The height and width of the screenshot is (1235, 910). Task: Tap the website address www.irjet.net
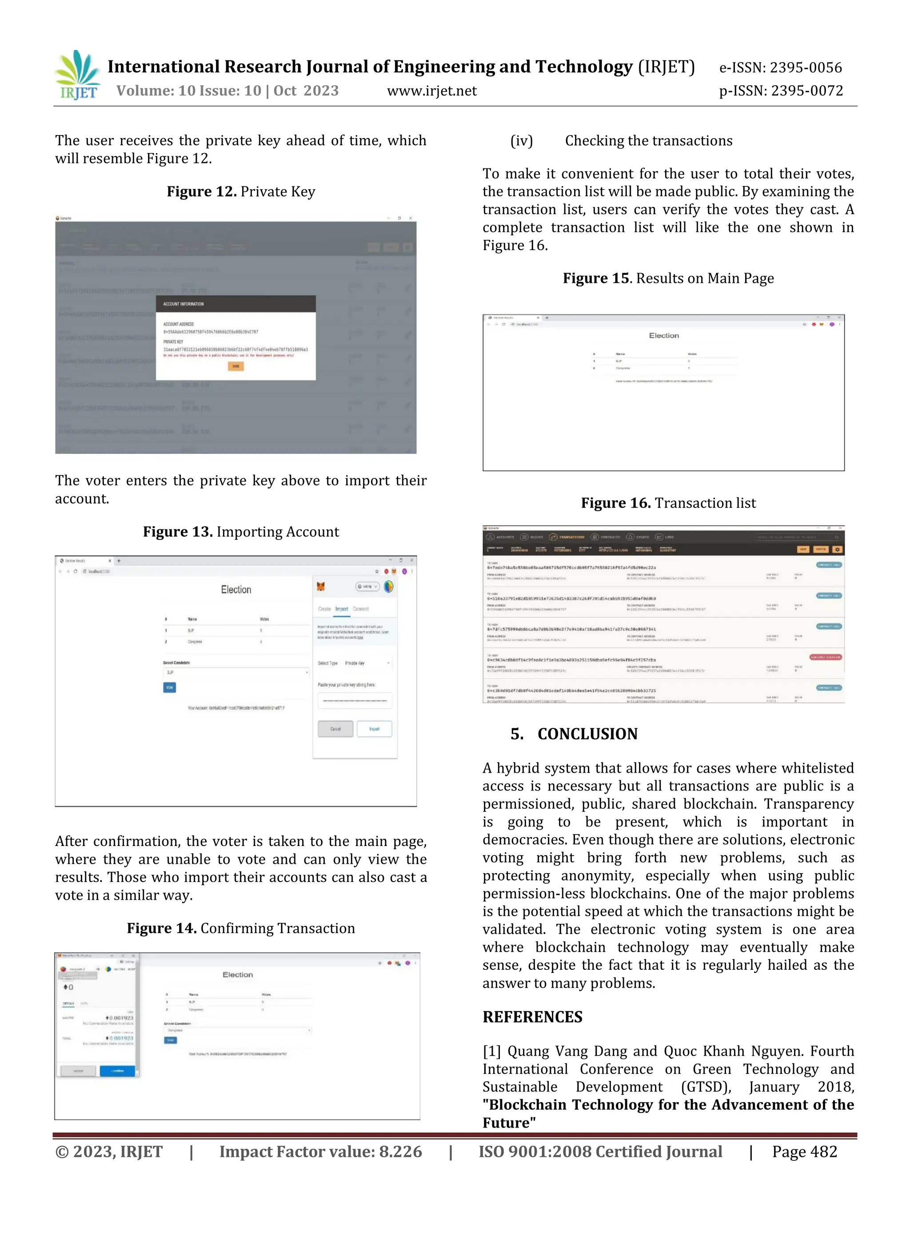click(x=432, y=91)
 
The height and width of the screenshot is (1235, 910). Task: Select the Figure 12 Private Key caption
click(x=241, y=191)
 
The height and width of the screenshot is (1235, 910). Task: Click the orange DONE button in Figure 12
click(x=236, y=366)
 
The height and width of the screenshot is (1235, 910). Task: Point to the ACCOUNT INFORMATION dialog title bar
click(x=236, y=303)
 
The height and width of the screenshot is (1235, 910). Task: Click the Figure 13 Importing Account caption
click(x=241, y=532)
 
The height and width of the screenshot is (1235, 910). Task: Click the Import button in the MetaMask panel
click(x=374, y=728)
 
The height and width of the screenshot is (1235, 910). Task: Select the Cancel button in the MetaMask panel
click(x=335, y=728)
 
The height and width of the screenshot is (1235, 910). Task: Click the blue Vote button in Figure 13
click(x=170, y=687)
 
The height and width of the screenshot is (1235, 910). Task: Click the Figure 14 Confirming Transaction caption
click(x=241, y=928)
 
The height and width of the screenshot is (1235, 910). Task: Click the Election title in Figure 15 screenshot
click(x=664, y=335)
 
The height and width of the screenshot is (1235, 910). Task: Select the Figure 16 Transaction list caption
click(x=668, y=503)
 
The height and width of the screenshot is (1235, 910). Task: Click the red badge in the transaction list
click(x=825, y=657)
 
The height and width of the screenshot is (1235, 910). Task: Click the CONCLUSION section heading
click(x=587, y=734)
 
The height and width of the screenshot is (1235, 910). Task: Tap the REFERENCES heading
click(x=532, y=1017)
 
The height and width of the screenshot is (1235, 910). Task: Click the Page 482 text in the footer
click(x=804, y=1152)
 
